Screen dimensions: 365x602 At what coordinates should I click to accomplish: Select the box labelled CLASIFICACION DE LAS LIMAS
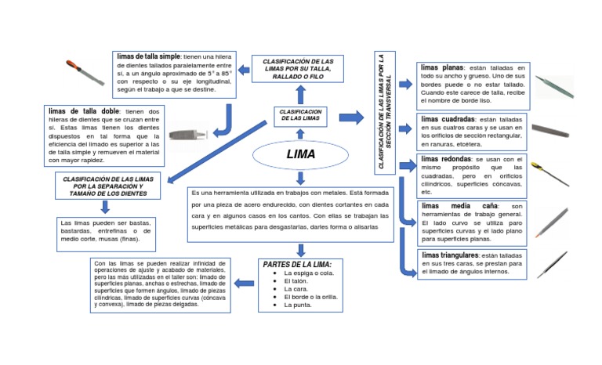point(299,116)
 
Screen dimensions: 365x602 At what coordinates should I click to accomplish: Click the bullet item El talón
point(296,280)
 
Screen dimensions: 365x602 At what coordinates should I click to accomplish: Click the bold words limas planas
point(442,67)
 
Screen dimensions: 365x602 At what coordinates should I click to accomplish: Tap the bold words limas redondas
point(445,159)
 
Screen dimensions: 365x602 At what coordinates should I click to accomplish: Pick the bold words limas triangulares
point(450,256)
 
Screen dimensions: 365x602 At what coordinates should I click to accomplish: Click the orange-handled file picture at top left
point(85,72)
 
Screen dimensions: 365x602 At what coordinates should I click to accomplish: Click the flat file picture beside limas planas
point(553,84)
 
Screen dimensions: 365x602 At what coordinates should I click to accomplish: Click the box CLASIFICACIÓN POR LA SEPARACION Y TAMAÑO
point(107,186)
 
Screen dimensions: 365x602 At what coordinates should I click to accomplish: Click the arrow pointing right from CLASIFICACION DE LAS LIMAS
point(351,117)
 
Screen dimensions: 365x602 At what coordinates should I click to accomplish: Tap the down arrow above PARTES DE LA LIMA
point(301,251)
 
